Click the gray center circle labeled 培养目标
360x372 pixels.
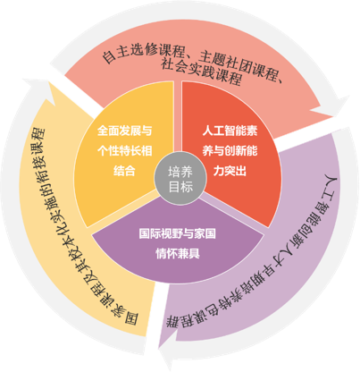(x=180, y=179)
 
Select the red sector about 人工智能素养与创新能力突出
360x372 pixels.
(x=235, y=155)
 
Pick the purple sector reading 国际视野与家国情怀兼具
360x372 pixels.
(x=178, y=243)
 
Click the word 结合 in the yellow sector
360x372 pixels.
(x=124, y=171)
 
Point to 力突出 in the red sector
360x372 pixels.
(x=230, y=171)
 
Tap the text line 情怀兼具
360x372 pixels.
(x=178, y=254)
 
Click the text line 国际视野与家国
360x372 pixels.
(x=178, y=233)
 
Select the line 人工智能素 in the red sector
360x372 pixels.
(x=230, y=131)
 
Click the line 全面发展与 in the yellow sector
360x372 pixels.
(x=124, y=131)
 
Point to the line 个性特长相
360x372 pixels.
(x=124, y=151)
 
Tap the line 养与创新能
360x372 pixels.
(x=230, y=151)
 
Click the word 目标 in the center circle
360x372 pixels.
(x=180, y=187)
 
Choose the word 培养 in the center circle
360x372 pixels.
(x=180, y=172)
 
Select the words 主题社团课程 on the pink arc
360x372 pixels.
(x=239, y=66)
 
